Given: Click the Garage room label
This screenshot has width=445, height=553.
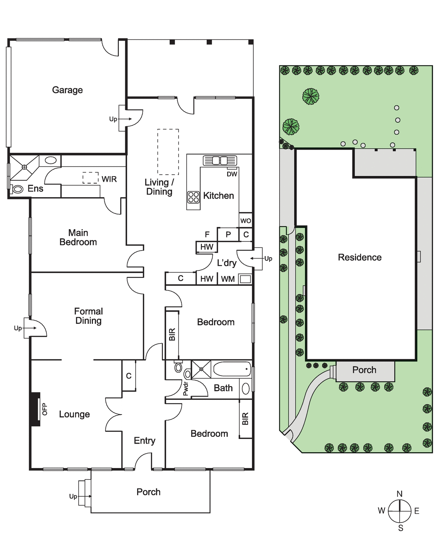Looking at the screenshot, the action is point(67,90).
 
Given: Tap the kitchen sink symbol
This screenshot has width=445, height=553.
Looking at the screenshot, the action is point(220,160).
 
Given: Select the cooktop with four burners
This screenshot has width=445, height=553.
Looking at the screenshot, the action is point(193,197).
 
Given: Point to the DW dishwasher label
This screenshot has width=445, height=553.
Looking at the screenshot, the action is point(232,174).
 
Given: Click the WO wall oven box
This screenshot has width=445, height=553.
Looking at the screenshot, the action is point(245,221).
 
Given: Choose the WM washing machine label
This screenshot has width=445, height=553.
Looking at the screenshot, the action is point(228,279).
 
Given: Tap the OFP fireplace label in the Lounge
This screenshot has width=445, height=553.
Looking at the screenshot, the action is point(45,409).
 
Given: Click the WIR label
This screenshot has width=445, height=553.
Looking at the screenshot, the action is point(109,179).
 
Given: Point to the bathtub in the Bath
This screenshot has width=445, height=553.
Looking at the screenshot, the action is point(232,369).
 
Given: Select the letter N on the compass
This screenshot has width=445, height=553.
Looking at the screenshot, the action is point(399,493).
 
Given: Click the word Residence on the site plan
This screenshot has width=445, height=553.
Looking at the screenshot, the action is point(360,257).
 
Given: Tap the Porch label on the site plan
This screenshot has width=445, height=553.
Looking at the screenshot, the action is point(364,370).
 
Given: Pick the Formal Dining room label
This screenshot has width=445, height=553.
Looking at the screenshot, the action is point(89,316).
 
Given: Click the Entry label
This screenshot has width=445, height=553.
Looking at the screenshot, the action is point(145,441).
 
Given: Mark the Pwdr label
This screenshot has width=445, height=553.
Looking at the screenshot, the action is point(186,388).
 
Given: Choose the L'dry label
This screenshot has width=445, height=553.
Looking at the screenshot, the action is point(226,263).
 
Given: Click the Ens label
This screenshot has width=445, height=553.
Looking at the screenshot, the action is point(35,188).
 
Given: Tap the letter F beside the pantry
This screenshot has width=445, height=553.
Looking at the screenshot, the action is point(207,234).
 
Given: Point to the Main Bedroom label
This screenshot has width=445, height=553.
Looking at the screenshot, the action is point(78,237).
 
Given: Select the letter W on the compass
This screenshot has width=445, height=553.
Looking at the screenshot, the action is point(381,510).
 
